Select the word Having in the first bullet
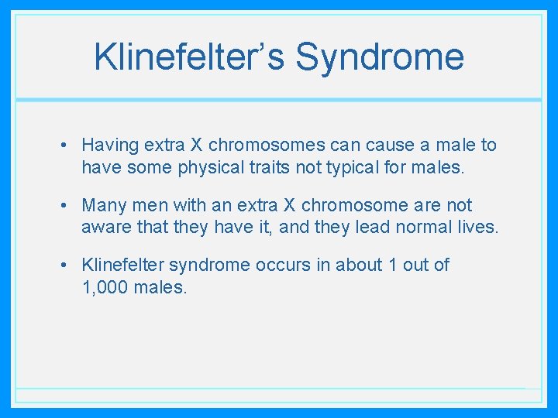pos(109,145)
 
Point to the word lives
pos(479,226)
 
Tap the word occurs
pos(284,265)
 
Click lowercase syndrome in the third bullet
pos(205,265)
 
